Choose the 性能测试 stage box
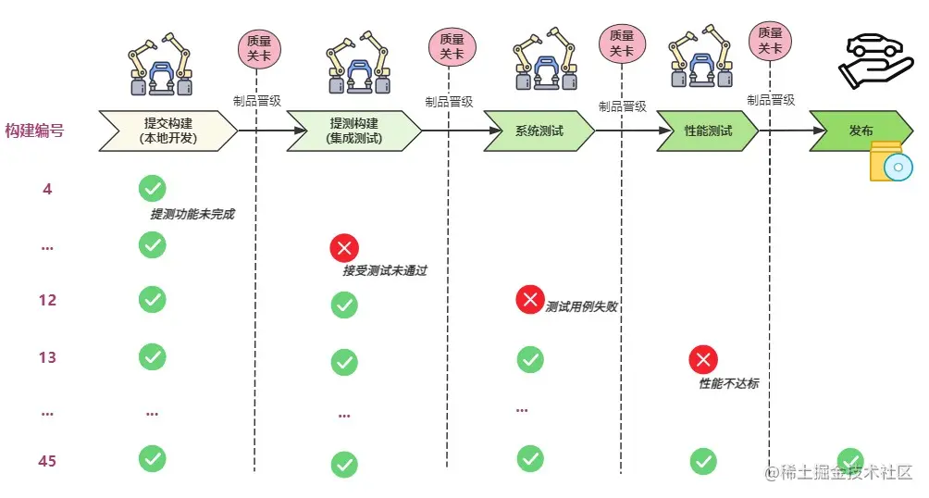coord(708,131)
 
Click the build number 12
coord(47,301)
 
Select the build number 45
coord(47,460)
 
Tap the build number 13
coord(47,357)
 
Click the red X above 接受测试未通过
coord(344,248)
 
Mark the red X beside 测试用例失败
coord(530,299)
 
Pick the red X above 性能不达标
coord(702,360)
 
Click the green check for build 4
coord(152,189)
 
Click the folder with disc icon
coord(890,163)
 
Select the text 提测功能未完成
coord(192,215)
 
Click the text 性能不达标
coord(728,383)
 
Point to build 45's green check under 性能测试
coord(702,461)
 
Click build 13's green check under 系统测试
coord(530,358)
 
